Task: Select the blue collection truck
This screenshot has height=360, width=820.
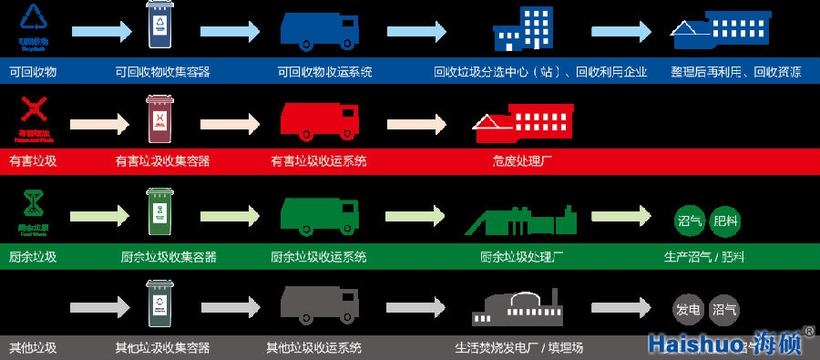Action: [x=319, y=31]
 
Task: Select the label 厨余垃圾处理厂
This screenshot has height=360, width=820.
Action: [x=523, y=256]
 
